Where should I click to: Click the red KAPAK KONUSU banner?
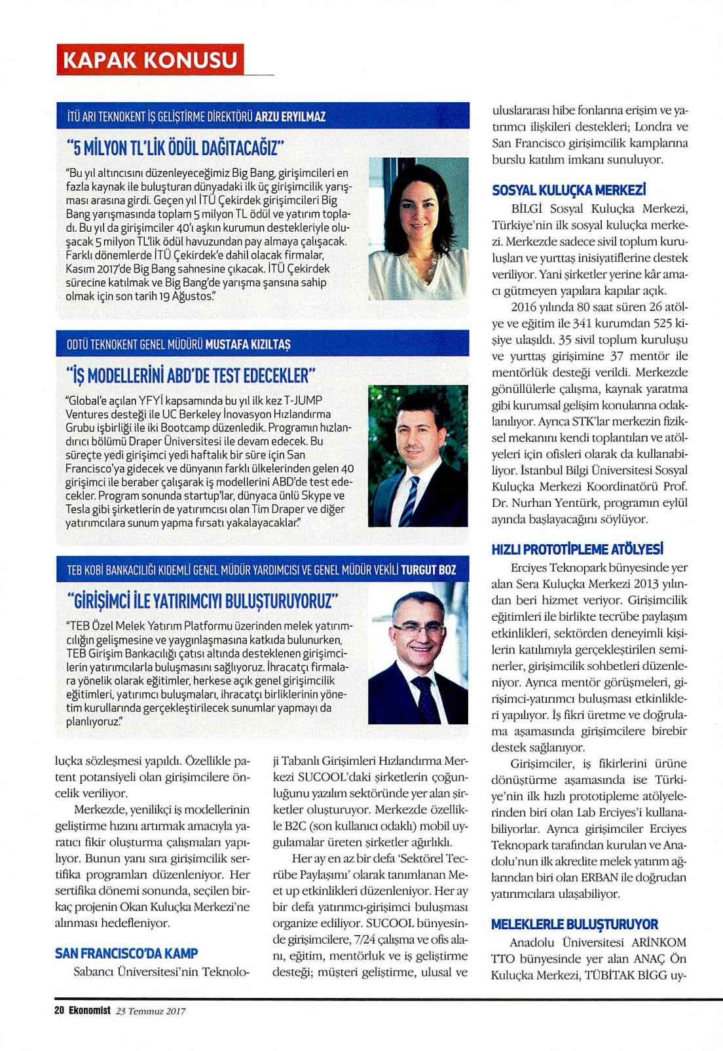click(x=149, y=60)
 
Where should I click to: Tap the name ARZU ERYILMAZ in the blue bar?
click(x=289, y=117)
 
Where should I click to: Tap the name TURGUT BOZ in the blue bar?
click(x=428, y=570)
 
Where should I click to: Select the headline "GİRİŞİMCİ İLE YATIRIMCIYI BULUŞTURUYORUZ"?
click(x=202, y=600)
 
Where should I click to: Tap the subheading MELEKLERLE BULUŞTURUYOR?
click(x=574, y=924)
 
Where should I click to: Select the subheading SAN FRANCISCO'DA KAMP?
click(x=126, y=953)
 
